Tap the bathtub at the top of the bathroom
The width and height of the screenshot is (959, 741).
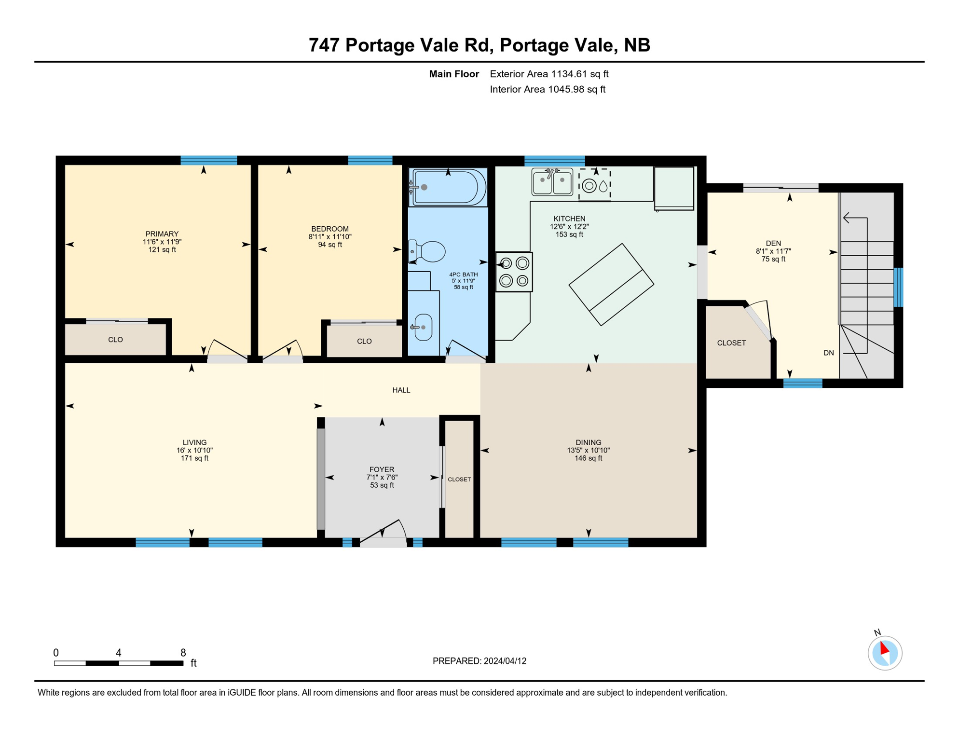448,187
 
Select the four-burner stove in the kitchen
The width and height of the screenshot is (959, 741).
514,272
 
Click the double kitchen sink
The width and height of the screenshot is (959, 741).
552,182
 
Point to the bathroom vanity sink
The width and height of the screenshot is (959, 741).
423,327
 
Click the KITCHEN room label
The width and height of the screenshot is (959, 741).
569,219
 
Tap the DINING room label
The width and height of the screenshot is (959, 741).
589,442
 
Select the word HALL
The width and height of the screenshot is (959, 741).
401,390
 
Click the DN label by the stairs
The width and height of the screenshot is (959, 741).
829,353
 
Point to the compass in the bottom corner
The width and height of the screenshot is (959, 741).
885,653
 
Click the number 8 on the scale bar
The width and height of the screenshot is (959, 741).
183,653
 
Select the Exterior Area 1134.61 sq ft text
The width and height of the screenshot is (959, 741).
549,74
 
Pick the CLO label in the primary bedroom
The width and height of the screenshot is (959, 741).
115,340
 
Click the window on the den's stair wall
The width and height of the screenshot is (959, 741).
899,288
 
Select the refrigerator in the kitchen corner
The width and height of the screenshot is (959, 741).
674,189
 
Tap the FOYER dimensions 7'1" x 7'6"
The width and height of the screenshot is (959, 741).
382,478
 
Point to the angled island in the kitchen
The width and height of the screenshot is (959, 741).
611,285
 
